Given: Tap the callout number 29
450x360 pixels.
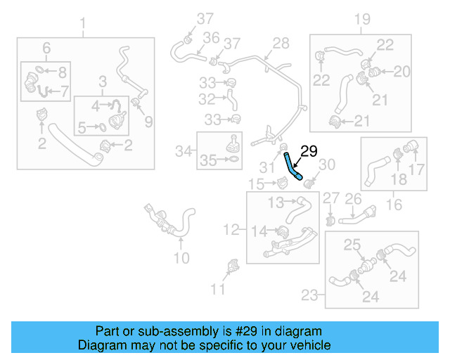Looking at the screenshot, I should (310, 150).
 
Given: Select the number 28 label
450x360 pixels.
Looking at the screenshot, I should (281, 44).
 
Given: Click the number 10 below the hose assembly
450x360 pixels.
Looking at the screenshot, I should (181, 258).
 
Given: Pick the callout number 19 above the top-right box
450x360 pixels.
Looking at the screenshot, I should (361, 19).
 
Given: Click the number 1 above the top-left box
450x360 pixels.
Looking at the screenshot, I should (84, 27).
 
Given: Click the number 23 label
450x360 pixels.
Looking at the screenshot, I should (310, 296).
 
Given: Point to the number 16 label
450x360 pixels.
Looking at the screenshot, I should (394, 205).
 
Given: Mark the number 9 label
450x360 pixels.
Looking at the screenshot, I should (148, 122).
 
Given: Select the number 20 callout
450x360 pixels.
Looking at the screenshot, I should (401, 71).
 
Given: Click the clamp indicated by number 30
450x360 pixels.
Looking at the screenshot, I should (309, 184).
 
